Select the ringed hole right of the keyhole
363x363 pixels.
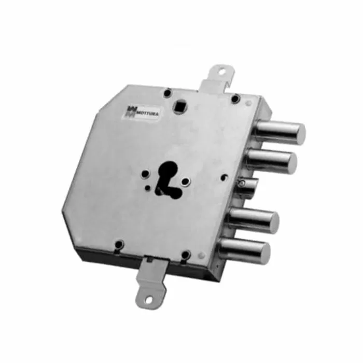186,181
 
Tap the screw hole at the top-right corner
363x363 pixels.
235,99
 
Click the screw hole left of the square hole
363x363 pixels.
167,93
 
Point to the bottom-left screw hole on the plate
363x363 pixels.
119,243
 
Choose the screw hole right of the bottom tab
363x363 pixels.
185,255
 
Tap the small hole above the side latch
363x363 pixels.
225,176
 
